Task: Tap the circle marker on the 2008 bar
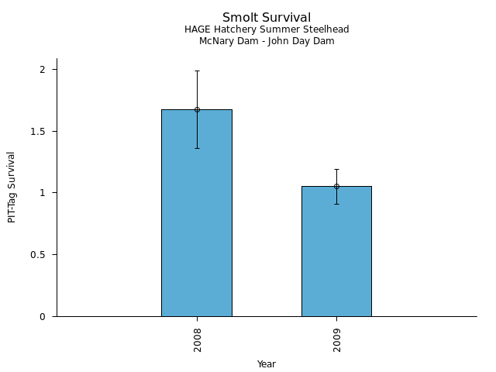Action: click(197, 109)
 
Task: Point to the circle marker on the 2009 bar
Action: click(336, 186)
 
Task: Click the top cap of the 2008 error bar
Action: click(197, 71)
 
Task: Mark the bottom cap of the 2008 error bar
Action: click(197, 148)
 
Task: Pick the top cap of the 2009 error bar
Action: click(336, 169)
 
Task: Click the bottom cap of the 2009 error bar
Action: click(336, 204)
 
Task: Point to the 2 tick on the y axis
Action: click(43, 70)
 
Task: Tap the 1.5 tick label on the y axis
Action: click(39, 132)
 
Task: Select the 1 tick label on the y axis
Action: click(43, 193)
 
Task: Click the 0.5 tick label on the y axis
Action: click(39, 255)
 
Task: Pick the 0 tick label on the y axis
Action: click(43, 316)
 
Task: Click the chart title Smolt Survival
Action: click(267, 18)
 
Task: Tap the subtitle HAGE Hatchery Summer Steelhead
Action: click(267, 29)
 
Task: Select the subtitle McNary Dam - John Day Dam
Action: click(267, 41)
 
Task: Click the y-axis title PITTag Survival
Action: click(12, 187)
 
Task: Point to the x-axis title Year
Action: click(267, 364)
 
